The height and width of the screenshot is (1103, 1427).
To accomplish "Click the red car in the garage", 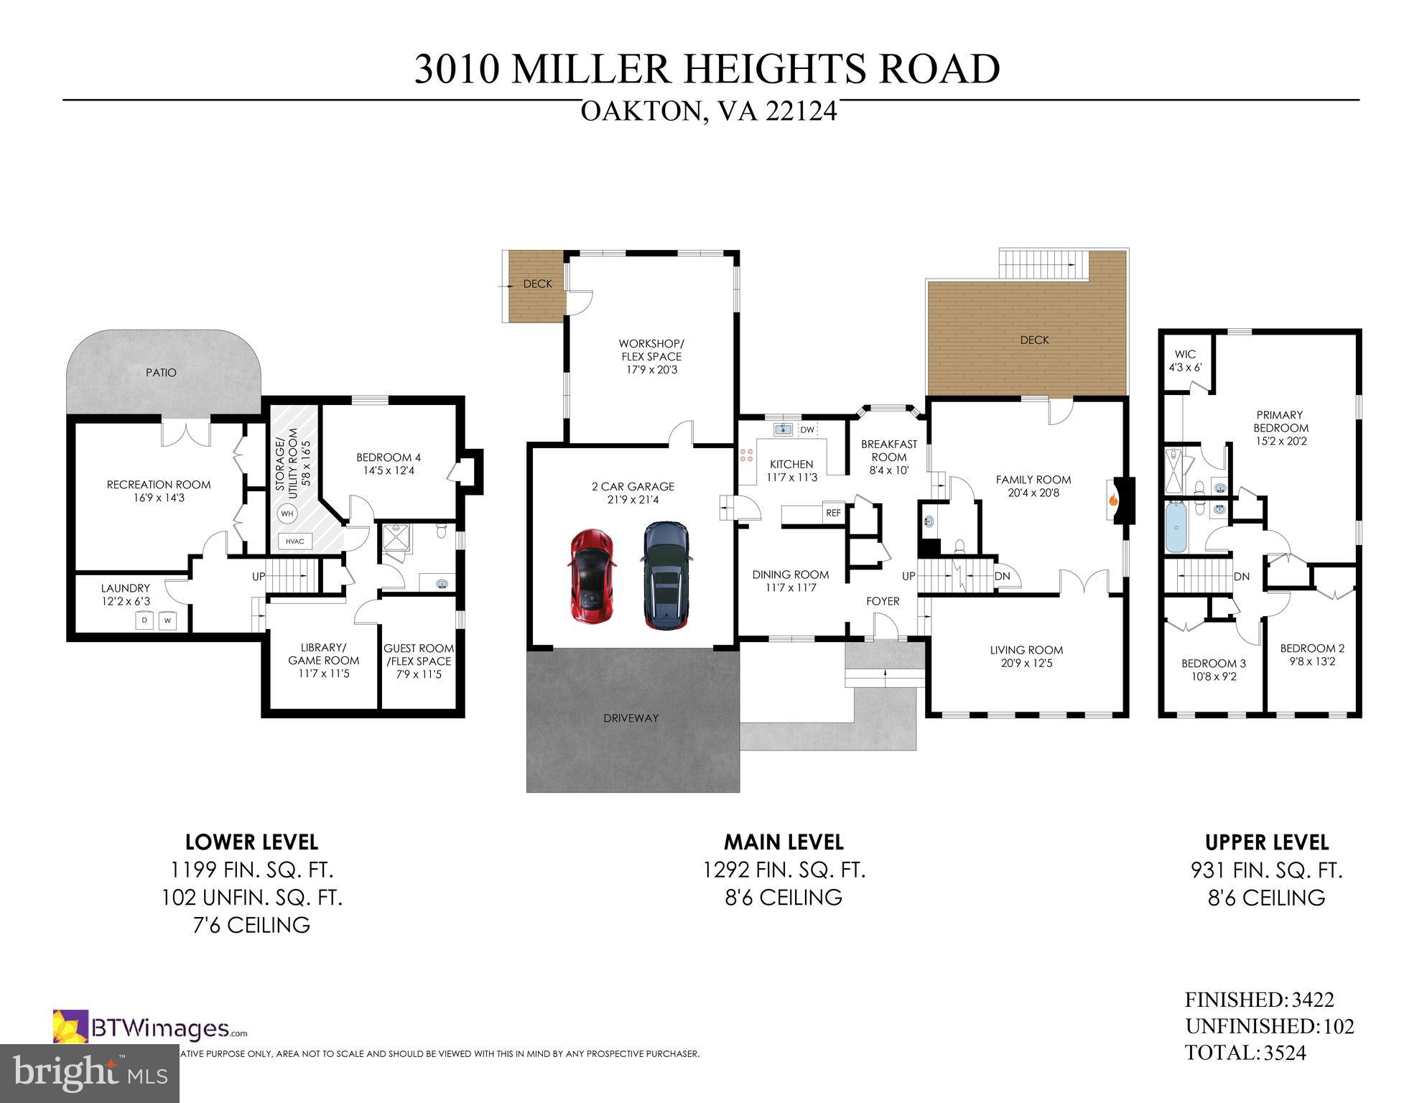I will tap(592, 577).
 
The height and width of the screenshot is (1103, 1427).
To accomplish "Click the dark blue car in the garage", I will tap(666, 574).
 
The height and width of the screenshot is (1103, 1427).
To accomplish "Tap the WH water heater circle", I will tap(287, 513).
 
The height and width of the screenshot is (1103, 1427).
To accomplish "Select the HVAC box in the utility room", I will tap(294, 542).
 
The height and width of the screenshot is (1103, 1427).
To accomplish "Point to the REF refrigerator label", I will tap(833, 513).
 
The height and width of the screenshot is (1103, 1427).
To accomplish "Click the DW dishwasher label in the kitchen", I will tap(807, 430).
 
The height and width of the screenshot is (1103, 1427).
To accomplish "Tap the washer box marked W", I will tap(167, 620).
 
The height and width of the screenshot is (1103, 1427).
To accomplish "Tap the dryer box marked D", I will tap(144, 620).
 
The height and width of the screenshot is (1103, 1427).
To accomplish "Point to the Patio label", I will tap(161, 373).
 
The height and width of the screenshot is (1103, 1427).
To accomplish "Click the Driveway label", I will tap(631, 717).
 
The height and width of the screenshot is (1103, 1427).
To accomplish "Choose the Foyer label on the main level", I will tap(883, 601).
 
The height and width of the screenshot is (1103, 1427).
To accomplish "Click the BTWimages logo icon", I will tap(70, 1027).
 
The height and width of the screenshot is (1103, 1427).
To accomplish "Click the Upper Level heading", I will tap(1266, 842).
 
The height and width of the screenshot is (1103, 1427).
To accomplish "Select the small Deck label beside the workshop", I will tap(537, 284).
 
